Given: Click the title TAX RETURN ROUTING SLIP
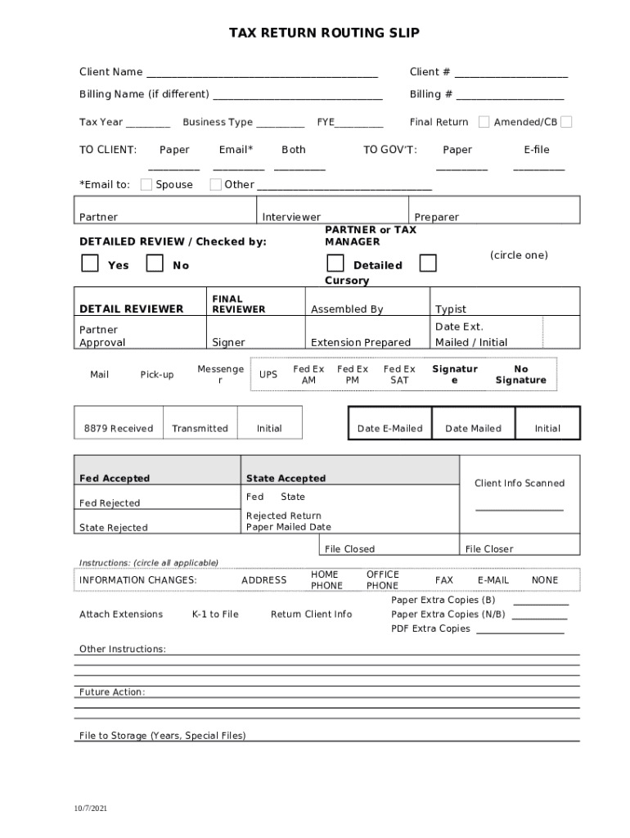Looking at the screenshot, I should click(324, 33).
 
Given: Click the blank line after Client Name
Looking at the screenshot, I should click(262, 74).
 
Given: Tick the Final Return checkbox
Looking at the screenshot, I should click(484, 122).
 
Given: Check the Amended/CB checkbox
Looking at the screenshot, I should click(566, 122).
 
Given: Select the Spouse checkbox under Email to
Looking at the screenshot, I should click(146, 184).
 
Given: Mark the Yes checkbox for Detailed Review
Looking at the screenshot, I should click(90, 264).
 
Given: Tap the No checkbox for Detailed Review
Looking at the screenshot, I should click(154, 264).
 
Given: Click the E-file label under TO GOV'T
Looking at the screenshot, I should click(537, 150).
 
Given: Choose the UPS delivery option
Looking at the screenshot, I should click(268, 375).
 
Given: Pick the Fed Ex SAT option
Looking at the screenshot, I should click(399, 375).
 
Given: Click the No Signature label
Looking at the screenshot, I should click(520, 375).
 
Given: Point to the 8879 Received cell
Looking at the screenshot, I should click(119, 428).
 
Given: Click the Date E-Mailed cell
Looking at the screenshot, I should click(389, 428).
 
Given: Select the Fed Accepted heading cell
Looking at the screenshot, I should click(115, 478).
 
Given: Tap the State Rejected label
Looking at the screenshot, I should click(114, 528).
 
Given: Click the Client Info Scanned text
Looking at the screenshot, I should click(520, 483).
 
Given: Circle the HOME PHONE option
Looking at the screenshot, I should click(326, 580).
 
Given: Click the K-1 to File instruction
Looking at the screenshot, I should click(215, 614).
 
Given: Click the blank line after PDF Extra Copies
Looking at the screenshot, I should click(520, 630).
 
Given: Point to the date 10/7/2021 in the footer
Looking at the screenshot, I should click(90, 808).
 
